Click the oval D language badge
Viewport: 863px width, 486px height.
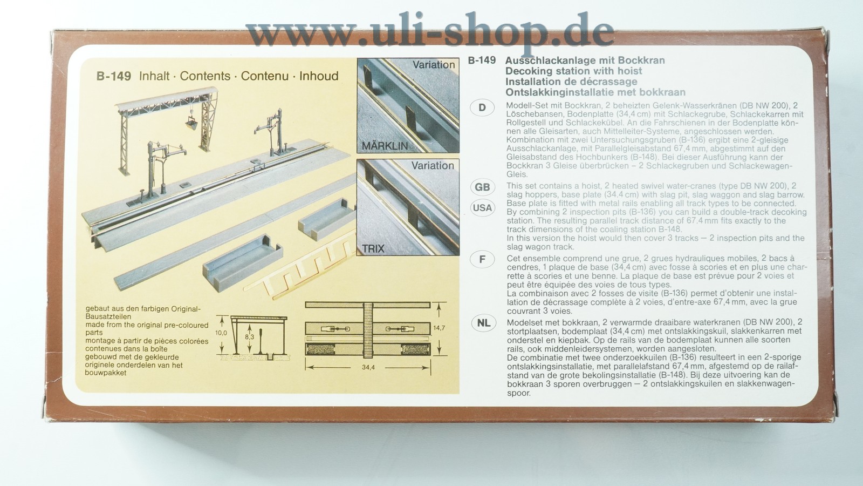click(482, 107)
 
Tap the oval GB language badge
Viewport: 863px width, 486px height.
click(482, 187)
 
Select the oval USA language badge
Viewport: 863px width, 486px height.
click(482, 208)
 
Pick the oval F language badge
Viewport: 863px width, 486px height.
click(482, 260)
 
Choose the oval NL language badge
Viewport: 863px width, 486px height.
click(483, 323)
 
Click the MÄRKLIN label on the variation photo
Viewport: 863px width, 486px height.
click(385, 146)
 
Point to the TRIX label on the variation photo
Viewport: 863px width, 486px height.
click(373, 249)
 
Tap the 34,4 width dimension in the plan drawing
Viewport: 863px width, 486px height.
click(368, 368)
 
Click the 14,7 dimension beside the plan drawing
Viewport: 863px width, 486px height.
click(439, 328)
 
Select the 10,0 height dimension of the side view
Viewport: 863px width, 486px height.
click(221, 333)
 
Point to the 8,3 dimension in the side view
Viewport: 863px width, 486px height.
click(249, 337)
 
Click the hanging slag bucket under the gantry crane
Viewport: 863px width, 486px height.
click(191, 124)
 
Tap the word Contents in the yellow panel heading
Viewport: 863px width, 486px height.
click(205, 76)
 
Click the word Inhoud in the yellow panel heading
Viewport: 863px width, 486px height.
click(319, 76)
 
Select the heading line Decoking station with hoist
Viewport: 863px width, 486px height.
click(574, 71)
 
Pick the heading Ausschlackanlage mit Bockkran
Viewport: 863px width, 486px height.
click(585, 60)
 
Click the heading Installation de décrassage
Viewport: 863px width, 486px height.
click(571, 82)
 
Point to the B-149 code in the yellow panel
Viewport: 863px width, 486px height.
click(114, 76)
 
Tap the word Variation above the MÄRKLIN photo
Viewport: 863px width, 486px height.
click(434, 64)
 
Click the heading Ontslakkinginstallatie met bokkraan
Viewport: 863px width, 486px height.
click(595, 92)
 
